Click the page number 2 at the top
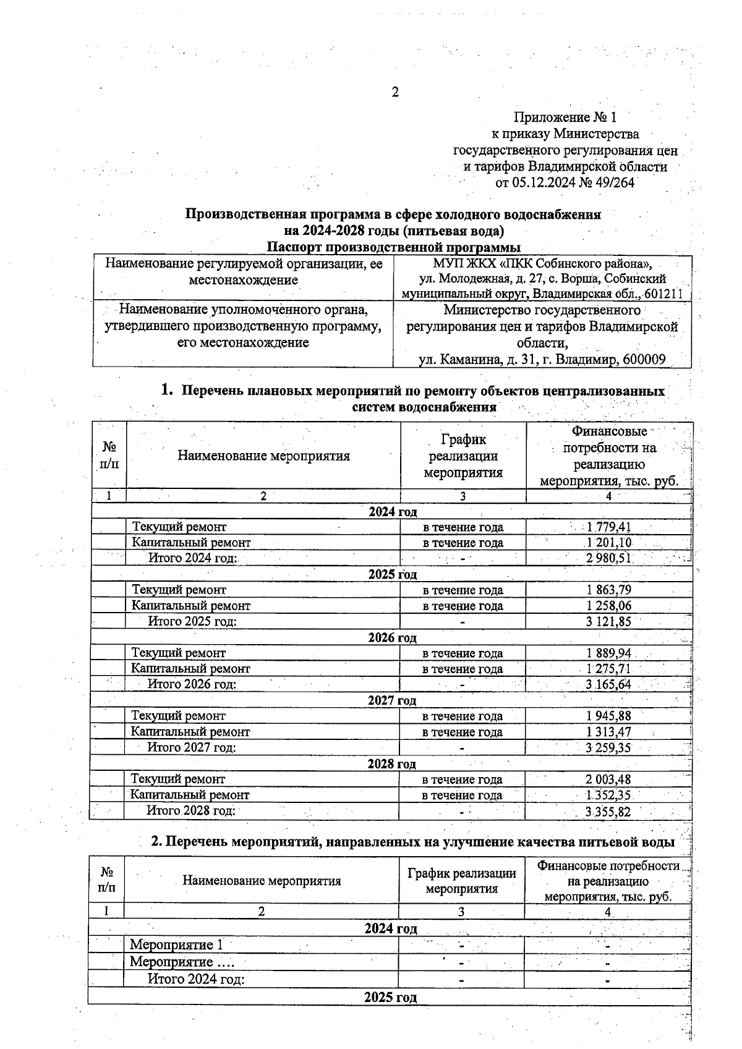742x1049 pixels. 395,93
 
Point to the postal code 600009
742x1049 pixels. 646,360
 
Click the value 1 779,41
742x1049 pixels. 608,527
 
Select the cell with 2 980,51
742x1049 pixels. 608,559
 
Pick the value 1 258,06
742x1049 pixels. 608,606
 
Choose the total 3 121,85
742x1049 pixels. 608,622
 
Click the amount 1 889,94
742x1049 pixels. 608,653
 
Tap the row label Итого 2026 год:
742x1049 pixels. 192,684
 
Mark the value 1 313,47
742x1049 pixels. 608,732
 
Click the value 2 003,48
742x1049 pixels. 608,779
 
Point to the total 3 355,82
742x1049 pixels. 608,812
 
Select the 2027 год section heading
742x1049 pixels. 391,700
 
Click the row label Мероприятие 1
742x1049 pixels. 176,945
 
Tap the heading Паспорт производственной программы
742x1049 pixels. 393,248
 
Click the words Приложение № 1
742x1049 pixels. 565,117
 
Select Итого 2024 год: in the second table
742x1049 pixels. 195,980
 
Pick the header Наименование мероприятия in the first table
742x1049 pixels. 263,456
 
